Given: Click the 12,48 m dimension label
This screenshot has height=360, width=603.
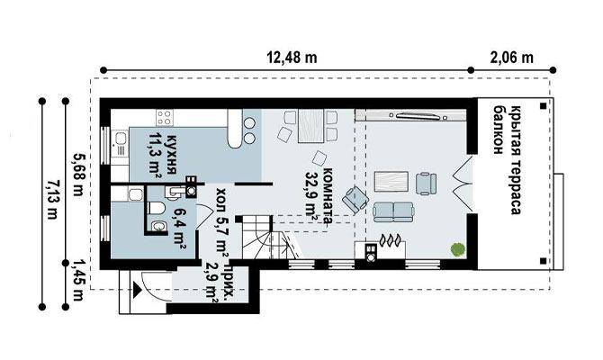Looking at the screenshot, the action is [292, 58].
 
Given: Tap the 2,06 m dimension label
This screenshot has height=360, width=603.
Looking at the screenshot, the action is [512, 58].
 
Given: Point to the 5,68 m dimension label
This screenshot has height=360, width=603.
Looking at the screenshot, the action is [79, 175].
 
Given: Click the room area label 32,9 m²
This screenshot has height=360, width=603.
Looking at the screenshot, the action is [311, 196].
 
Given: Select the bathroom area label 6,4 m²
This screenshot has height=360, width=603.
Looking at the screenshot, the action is [179, 229].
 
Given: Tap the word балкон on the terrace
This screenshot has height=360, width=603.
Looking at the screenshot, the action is [499, 130].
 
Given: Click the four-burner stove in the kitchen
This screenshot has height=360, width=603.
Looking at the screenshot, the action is [165, 117].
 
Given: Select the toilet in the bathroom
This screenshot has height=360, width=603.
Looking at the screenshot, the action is [156, 208].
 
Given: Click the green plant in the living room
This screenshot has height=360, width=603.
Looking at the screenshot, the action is [457, 249].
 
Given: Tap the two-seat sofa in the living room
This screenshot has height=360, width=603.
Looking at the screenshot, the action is [393, 211].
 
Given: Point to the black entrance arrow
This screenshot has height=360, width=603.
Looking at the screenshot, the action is [138, 289].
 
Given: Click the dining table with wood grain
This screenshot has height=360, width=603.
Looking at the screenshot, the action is [310, 126].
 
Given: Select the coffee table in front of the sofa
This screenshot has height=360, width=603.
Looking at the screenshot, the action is [391, 182].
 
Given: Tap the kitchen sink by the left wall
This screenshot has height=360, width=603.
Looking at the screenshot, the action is [121, 143].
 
